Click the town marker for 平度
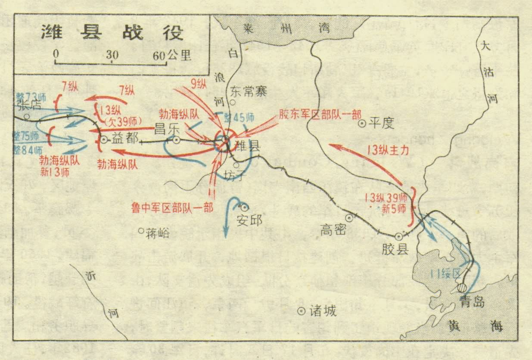[362, 123]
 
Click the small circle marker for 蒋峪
[141, 231]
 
